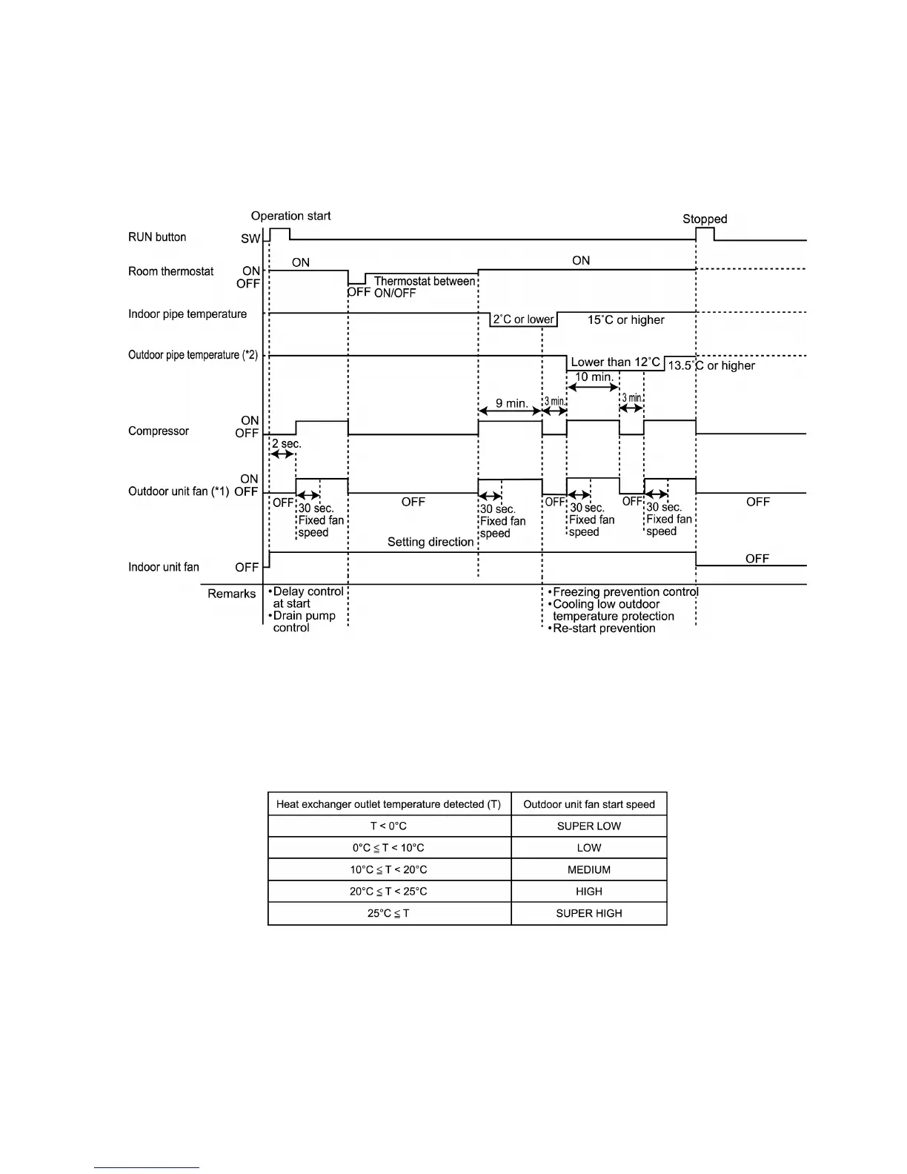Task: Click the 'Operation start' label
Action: point(290,216)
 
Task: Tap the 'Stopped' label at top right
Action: point(705,219)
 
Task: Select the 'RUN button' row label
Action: point(157,237)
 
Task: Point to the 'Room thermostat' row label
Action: point(171,271)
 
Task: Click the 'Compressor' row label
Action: point(159,431)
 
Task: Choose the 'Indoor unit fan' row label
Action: point(164,567)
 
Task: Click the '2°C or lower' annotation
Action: point(524,319)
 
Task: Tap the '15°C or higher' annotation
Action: point(626,320)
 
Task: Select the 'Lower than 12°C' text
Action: point(615,362)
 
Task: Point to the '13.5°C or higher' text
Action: point(711,365)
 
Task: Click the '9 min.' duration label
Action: point(512,403)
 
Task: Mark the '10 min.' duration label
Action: point(594,377)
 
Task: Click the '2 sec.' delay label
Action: point(287,443)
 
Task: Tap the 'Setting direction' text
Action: point(431,542)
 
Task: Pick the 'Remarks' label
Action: point(232,594)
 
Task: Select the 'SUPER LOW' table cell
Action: point(589,826)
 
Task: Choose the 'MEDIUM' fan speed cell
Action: point(589,869)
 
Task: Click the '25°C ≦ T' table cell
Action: point(388,913)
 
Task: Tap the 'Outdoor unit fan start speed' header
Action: point(589,804)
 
